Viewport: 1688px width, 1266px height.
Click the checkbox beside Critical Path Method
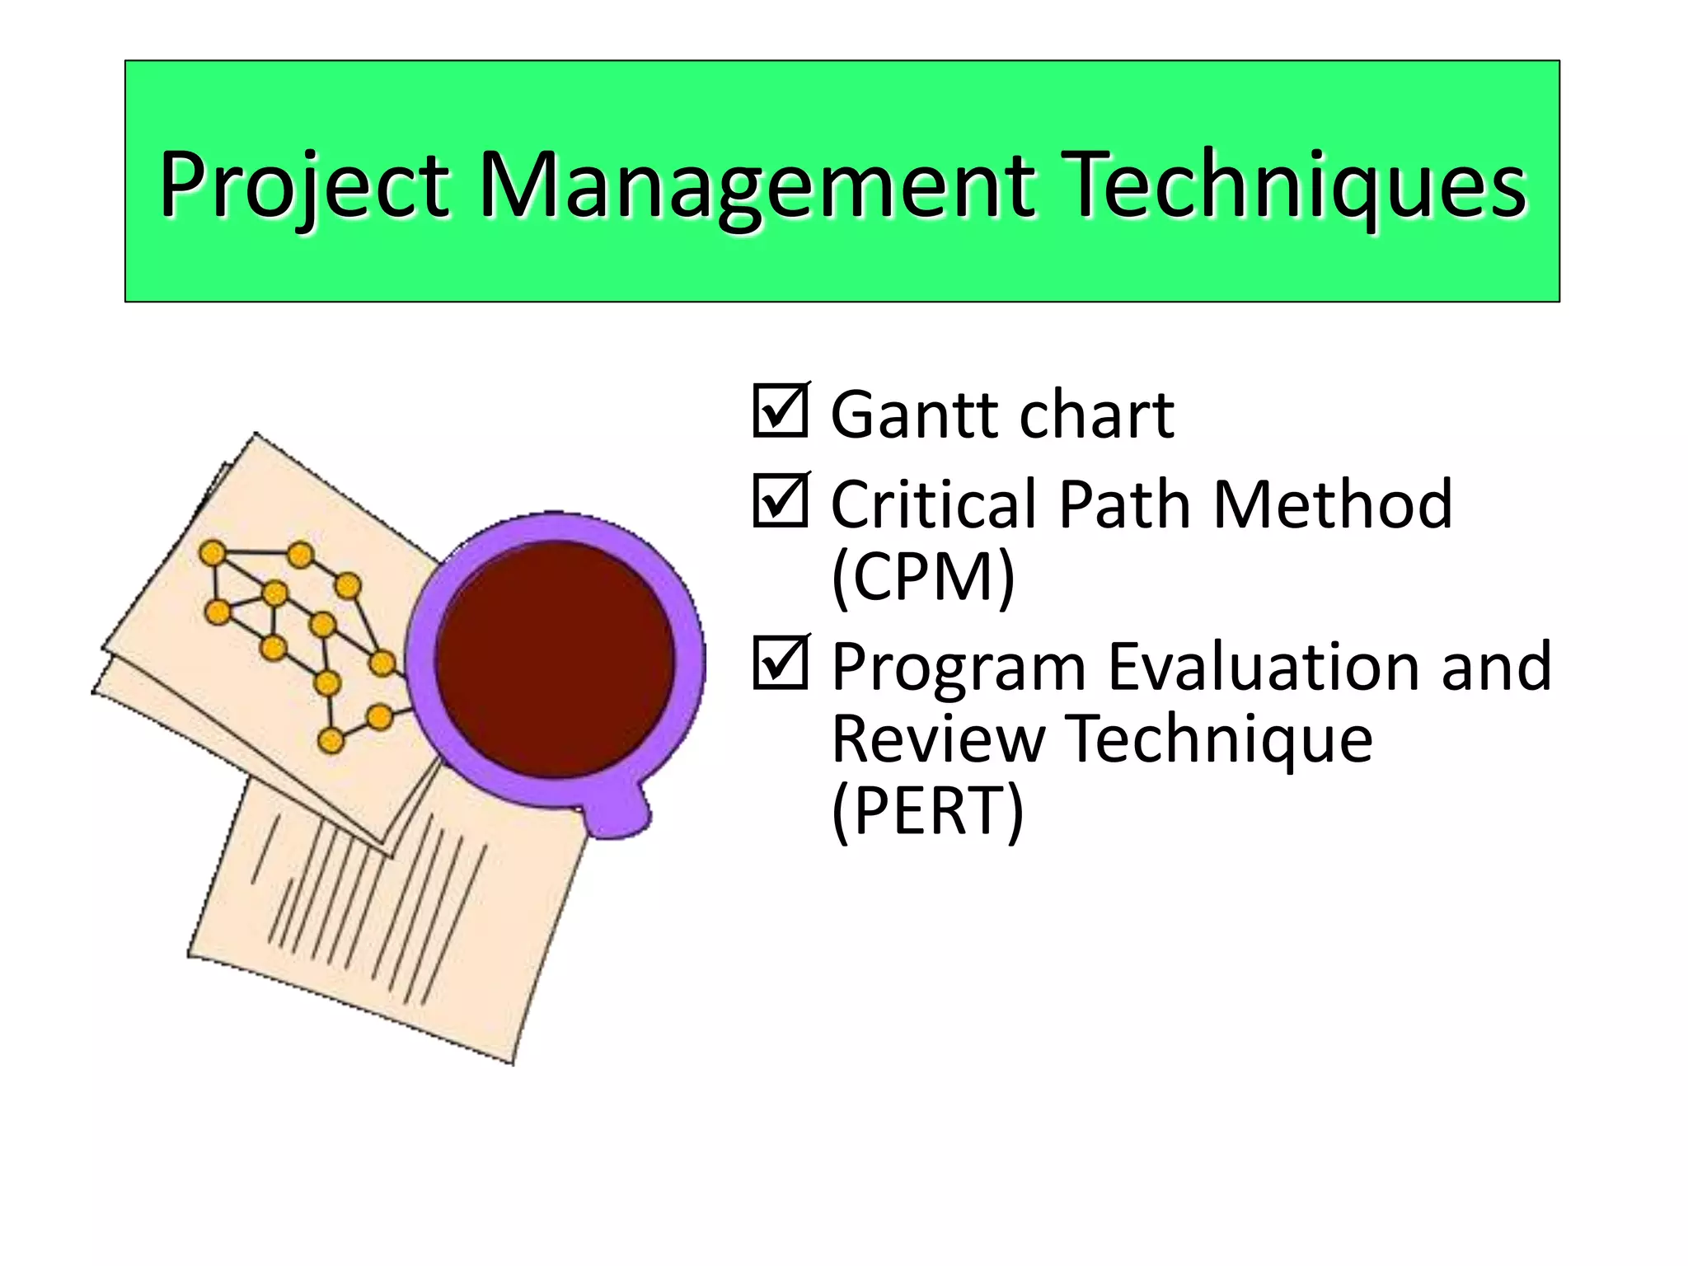[780, 500]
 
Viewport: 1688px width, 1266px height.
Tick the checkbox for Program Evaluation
[780, 663]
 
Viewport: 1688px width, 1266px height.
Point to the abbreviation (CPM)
[922, 577]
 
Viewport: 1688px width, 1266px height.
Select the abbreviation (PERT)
[927, 811]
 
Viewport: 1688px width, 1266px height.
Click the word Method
[1332, 504]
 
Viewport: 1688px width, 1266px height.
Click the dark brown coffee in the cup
[555, 659]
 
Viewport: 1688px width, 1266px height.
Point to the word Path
[1126, 504]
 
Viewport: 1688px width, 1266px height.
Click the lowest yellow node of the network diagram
[331, 741]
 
